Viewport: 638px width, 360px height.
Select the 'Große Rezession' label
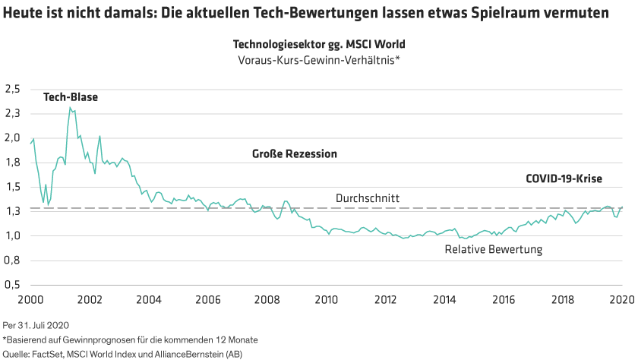294,154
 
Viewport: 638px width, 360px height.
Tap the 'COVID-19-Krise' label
564,179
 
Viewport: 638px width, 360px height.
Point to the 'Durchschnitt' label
368,198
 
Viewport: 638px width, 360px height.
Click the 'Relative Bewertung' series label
493,249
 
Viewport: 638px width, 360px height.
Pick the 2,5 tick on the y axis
13,89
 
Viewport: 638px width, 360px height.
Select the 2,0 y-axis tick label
13,138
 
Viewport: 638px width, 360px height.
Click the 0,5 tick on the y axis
13,286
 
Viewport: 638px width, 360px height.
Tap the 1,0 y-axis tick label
13,236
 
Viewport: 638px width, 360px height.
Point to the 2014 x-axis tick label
444,300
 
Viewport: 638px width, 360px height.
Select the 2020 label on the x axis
622,300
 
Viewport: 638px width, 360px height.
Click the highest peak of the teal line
71,108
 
